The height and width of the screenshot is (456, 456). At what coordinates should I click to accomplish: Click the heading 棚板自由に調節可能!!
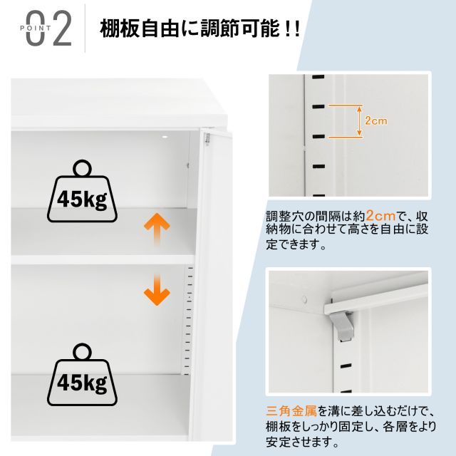pyautogui.click(x=200, y=31)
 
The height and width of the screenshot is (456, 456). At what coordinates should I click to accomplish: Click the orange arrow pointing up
pyautogui.click(x=157, y=230)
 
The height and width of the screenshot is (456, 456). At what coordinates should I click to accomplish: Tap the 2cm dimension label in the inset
pyautogui.click(x=375, y=121)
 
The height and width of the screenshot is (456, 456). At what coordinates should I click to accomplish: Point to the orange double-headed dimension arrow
pyautogui.click(x=359, y=121)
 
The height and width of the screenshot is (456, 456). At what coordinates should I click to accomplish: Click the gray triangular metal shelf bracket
pyautogui.click(x=343, y=325)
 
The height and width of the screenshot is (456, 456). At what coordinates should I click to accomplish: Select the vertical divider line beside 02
pyautogui.click(x=85, y=28)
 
